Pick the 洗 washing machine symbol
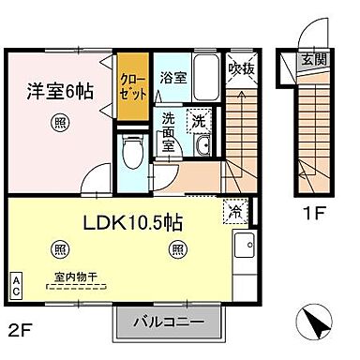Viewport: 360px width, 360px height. pos(198,120)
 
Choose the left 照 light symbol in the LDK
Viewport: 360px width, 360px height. pos(61,248)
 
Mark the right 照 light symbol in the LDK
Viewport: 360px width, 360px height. pos(176,248)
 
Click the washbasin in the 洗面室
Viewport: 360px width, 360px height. pos(205,147)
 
